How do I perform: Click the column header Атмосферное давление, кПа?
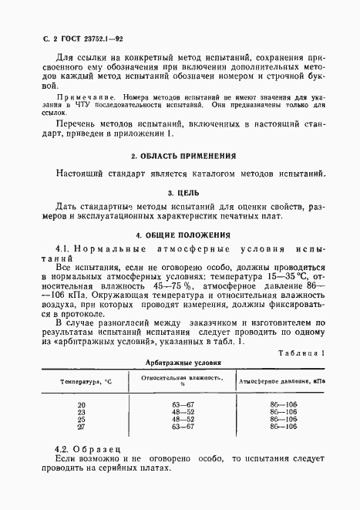tap(282, 381)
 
